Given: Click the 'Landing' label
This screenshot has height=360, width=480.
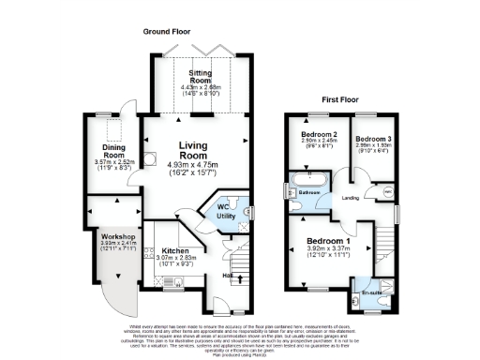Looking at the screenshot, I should point(352,198).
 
